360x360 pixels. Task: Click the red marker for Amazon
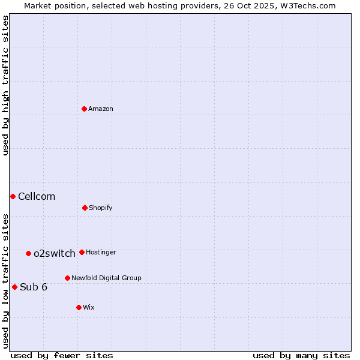[x=85, y=109]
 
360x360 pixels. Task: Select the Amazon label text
[x=101, y=109]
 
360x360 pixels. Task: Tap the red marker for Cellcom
[x=13, y=196]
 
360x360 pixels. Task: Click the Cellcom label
[x=37, y=197]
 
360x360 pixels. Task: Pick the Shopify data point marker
[x=85, y=208]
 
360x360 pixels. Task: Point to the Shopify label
[x=101, y=208]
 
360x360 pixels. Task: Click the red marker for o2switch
[x=28, y=253]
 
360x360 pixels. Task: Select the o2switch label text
[x=55, y=254]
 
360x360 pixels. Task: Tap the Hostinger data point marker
[x=82, y=252]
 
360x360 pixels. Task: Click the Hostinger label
[x=101, y=253]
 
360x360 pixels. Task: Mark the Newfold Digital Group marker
[x=67, y=278]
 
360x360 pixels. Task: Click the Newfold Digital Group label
[x=106, y=278]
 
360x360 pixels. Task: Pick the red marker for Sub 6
[x=14, y=287]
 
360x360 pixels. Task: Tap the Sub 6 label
[x=34, y=287]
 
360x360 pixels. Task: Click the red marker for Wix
[x=79, y=307]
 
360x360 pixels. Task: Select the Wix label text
[x=89, y=308]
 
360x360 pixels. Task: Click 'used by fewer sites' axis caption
[x=62, y=356]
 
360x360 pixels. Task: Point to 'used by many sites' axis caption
[x=301, y=356]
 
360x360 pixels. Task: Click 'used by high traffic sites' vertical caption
[x=5, y=85]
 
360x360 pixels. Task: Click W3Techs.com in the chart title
[x=306, y=5]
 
